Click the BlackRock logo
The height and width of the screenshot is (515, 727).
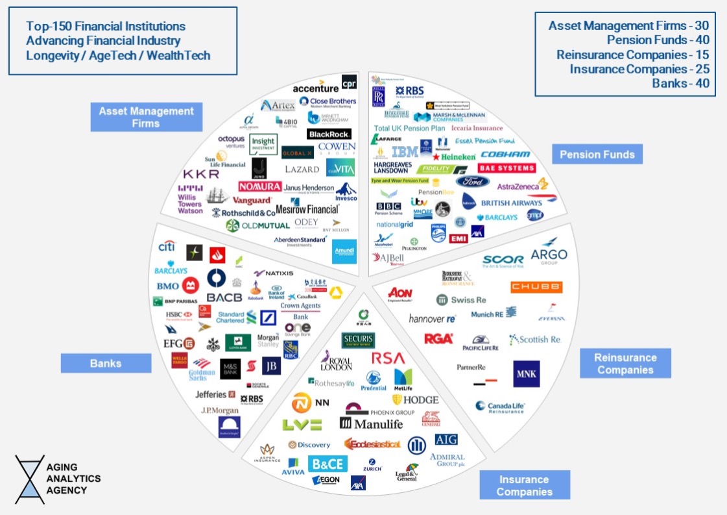pyautogui.click(x=329, y=134)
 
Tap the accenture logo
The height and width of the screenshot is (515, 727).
pyautogui.click(x=315, y=88)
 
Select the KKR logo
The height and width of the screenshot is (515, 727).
pyautogui.click(x=201, y=174)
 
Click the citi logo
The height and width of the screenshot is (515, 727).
pyautogui.click(x=167, y=247)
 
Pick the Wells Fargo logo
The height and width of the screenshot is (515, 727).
pyautogui.click(x=180, y=360)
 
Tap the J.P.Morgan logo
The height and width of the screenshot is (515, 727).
pyautogui.click(x=220, y=410)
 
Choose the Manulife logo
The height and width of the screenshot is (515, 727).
pyautogui.click(x=371, y=423)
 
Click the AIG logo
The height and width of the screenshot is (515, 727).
pyautogui.click(x=446, y=440)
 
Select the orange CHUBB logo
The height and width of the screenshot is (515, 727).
pyautogui.click(x=536, y=287)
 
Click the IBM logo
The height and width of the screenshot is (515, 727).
pyautogui.click(x=405, y=152)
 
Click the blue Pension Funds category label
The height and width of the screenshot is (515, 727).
pyautogui.click(x=597, y=154)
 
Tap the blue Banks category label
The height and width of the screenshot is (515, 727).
pyautogui.click(x=106, y=363)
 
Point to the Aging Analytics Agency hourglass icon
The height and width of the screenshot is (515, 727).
pyautogui.click(x=30, y=479)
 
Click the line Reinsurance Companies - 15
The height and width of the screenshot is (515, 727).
pyautogui.click(x=632, y=55)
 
